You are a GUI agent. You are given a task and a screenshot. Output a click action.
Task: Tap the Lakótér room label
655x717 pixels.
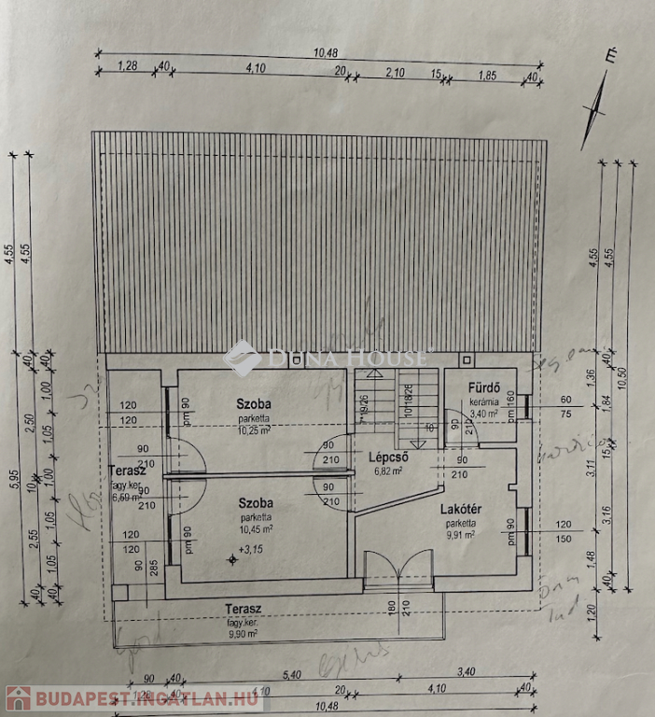[461, 510]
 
